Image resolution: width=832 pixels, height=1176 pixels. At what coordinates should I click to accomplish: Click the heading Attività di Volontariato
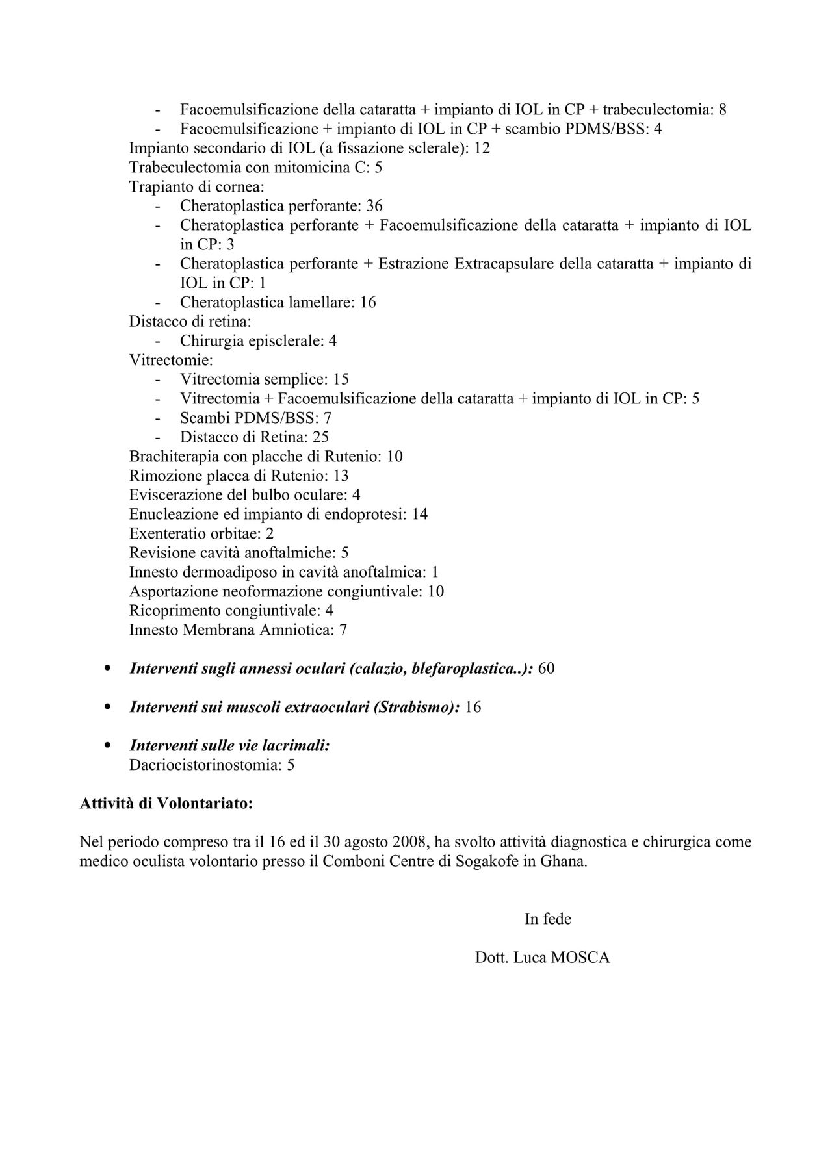pos(166,804)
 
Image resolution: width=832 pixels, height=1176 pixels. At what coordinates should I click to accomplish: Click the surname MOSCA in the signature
pos(580,958)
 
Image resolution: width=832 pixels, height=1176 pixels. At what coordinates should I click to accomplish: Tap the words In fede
pos(548,919)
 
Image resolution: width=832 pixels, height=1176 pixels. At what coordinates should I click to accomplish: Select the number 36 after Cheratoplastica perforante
pos(374,207)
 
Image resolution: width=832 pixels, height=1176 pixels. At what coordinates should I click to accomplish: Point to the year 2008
pos(409,843)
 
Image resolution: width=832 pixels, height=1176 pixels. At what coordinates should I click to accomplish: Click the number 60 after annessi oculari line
pos(546,669)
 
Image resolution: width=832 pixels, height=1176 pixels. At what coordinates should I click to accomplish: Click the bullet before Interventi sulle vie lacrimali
pos(107,745)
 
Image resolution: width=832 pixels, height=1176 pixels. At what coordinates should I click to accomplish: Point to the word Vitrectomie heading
pos(171,360)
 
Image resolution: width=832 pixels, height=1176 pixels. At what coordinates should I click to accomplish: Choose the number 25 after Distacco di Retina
pos(320,437)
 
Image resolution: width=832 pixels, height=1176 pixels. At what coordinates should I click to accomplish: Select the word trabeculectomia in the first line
pos(656,110)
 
